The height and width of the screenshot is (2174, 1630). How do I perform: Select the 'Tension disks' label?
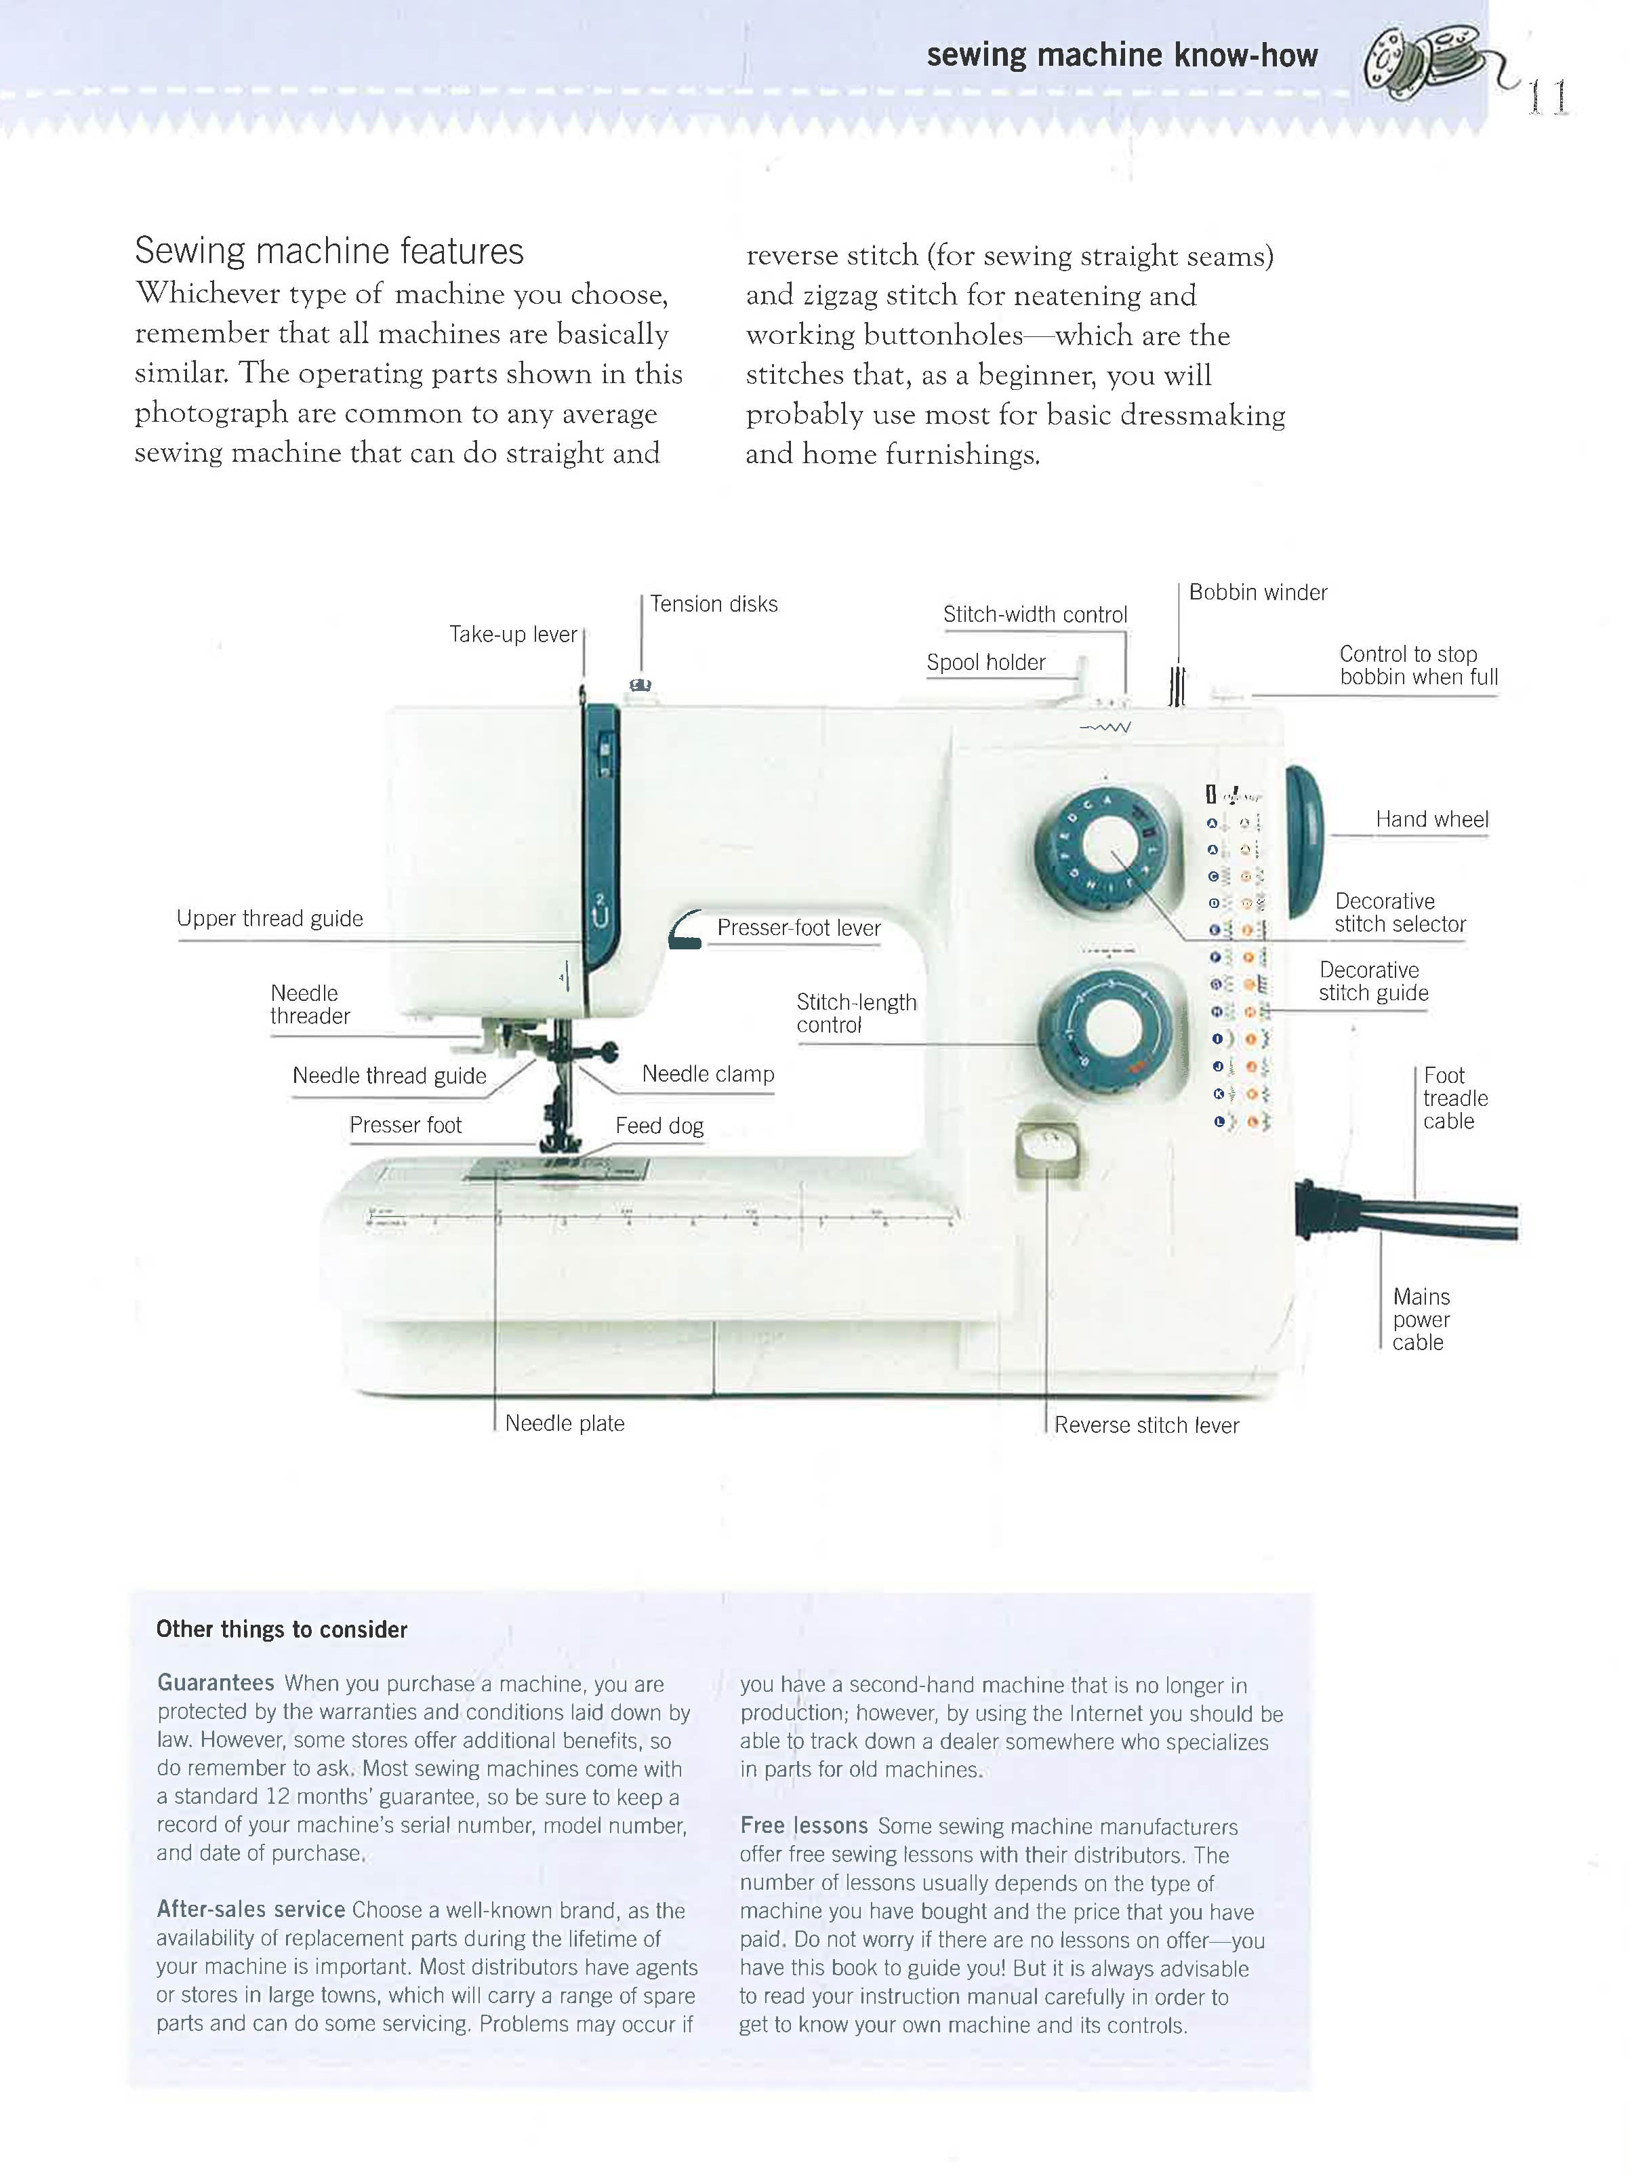point(713,604)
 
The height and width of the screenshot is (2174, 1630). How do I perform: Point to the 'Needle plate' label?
point(564,1423)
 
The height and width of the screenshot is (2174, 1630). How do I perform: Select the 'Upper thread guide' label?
point(269,918)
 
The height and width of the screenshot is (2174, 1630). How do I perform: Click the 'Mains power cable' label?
point(1420,1319)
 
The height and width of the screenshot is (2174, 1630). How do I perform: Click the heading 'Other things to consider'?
point(281,1629)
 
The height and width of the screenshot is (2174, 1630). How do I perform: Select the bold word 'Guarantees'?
point(215,1682)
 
